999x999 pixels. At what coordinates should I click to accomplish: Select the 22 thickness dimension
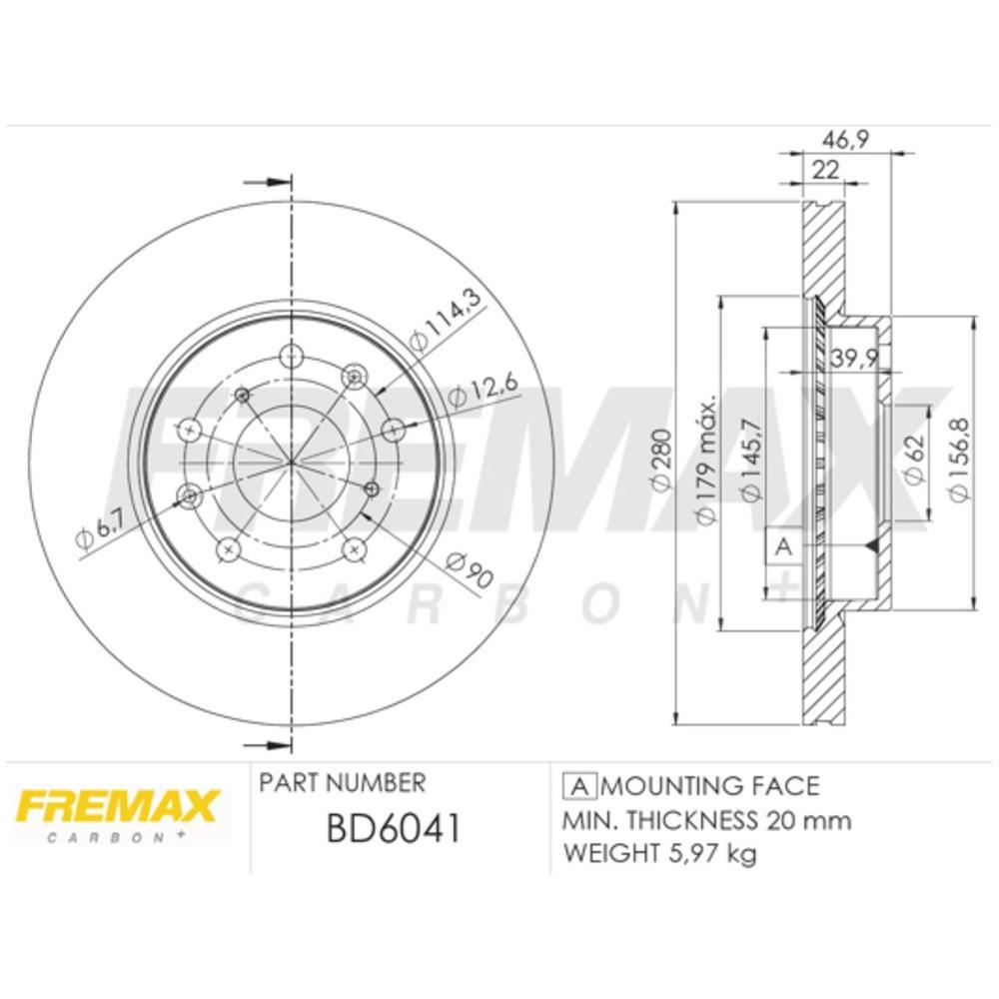824,170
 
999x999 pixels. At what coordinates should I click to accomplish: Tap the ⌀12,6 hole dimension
471,392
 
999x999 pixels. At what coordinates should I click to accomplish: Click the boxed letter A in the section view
784,546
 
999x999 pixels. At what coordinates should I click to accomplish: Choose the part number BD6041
393,828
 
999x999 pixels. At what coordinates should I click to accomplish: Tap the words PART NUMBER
342,782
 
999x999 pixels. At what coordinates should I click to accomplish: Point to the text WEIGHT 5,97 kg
660,853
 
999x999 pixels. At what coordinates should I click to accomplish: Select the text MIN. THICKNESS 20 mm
707,820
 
